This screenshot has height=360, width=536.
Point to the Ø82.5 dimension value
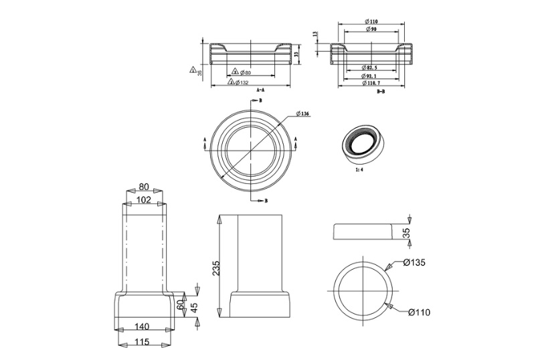click(x=371, y=68)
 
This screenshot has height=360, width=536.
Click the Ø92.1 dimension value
click(x=371, y=75)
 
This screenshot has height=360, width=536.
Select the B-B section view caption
click(x=381, y=91)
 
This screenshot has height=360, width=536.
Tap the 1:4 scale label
click(x=358, y=170)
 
